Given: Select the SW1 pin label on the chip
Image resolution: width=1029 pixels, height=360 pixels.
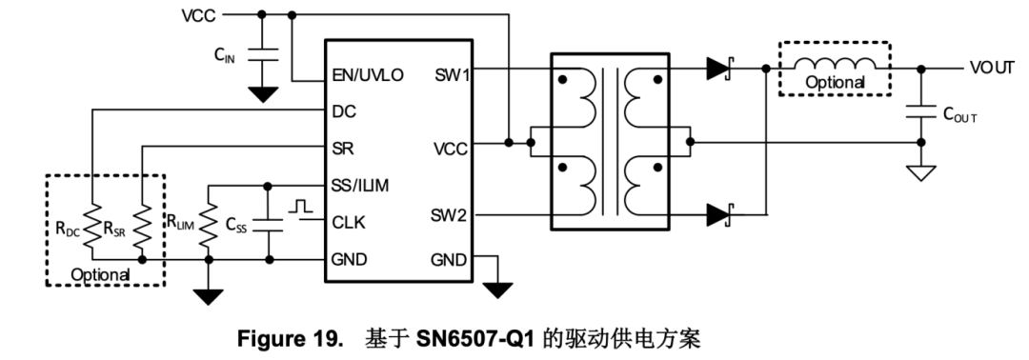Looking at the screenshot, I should click(452, 74).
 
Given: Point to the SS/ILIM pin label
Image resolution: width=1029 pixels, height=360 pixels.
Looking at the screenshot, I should click(365, 184).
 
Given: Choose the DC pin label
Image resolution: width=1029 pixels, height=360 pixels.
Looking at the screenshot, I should click(344, 110).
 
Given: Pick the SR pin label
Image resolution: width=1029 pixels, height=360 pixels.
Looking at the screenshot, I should click(343, 148).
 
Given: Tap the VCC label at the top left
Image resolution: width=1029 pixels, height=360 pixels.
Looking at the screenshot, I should click(199, 15).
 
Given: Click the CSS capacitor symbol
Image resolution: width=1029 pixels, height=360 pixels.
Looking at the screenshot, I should click(269, 227).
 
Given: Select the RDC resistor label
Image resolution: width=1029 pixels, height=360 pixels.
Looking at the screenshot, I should click(70, 228).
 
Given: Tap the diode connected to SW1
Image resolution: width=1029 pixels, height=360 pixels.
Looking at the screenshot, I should click(720, 68).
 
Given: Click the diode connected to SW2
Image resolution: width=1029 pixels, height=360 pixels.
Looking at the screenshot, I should click(720, 215).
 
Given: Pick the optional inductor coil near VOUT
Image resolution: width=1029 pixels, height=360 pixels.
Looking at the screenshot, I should click(836, 64).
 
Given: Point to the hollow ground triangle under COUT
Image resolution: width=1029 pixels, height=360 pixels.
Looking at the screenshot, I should click(920, 173).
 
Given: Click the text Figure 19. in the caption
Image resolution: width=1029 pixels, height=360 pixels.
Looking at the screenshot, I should click(291, 339).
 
